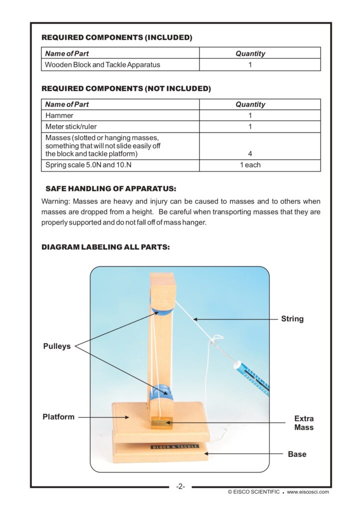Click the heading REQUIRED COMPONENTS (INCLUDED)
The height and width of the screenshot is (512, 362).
[116, 37]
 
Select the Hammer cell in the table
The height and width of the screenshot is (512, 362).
[59, 115]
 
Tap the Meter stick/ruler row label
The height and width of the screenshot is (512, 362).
[71, 126]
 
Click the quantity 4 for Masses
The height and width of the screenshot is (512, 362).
[250, 153]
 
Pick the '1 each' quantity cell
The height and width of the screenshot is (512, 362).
[250, 165]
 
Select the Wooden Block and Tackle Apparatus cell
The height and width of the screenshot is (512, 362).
[102, 64]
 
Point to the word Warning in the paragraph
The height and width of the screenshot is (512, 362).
[55, 201]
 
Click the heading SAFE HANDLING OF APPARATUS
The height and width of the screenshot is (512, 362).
[111, 189]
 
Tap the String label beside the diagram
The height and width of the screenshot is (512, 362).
[292, 318]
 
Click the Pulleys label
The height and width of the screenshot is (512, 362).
[57, 345]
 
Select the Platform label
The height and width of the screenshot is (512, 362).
[58, 416]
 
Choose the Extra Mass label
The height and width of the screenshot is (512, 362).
[304, 423]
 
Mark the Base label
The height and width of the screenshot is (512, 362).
[297, 454]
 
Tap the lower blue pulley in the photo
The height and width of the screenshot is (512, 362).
[162, 392]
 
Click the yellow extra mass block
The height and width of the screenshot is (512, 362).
[161, 423]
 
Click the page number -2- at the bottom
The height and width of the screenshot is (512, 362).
[181, 486]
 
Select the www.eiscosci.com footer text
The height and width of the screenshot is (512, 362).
[308, 492]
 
